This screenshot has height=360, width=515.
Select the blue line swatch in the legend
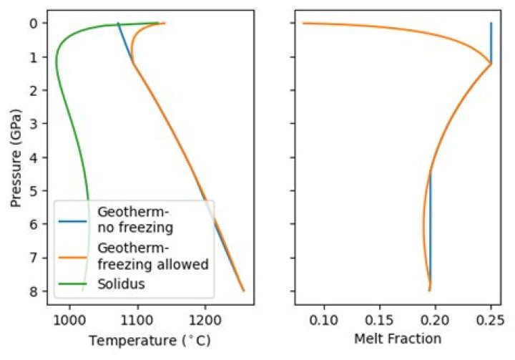pos(74,219)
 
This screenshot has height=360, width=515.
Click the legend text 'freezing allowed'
pos(152,265)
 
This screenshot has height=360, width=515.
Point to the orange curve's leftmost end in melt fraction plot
pos(304,23)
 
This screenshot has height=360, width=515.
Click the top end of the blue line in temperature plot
pos(119,24)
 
